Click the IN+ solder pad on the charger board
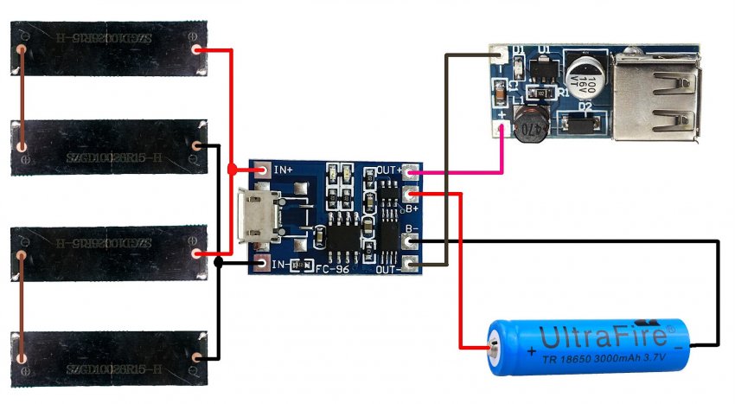263,170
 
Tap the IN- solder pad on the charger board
263,261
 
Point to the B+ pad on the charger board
410,195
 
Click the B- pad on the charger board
410,242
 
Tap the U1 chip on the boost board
544,63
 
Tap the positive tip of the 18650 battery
494,348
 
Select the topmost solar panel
109,49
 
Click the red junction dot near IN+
232,170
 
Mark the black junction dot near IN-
219,262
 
